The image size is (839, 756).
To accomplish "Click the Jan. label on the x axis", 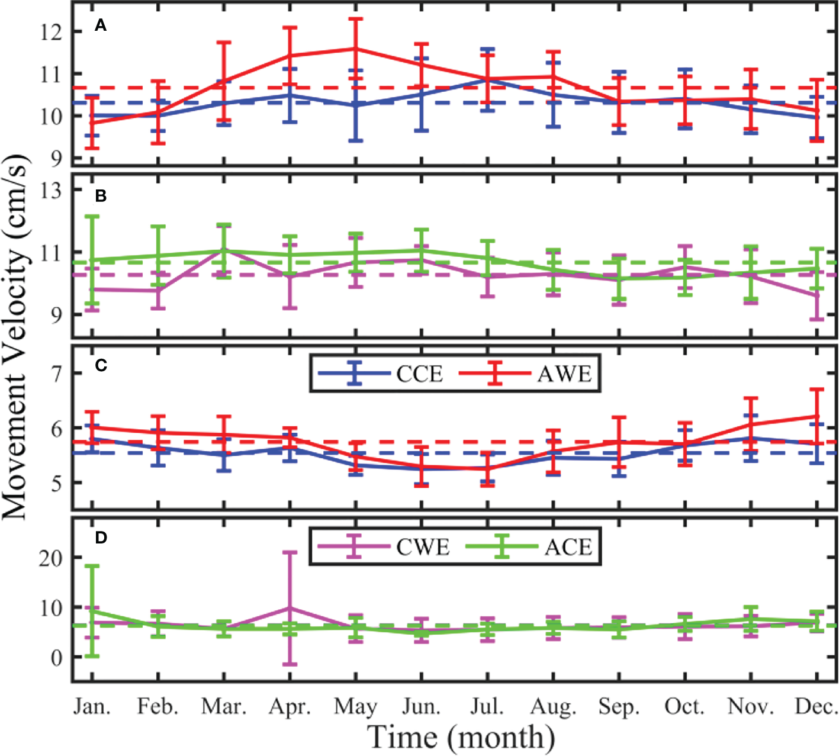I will click(92, 707).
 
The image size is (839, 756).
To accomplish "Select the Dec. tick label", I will click(816, 707).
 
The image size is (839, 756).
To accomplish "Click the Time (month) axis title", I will click(461, 738).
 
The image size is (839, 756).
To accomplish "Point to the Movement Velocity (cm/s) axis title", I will click(16, 337).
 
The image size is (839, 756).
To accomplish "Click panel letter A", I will click(101, 25).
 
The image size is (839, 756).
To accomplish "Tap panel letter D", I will click(101, 538).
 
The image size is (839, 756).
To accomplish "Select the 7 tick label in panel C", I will click(57, 374).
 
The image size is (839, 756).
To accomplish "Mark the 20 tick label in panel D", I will click(51, 558).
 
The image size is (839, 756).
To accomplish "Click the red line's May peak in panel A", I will click(355, 49).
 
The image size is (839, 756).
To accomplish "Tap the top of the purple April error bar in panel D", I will click(290, 552).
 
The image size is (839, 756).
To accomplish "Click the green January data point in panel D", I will click(92, 611).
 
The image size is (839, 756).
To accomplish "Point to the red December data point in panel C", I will click(817, 416).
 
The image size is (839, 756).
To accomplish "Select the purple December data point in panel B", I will click(817, 295).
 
